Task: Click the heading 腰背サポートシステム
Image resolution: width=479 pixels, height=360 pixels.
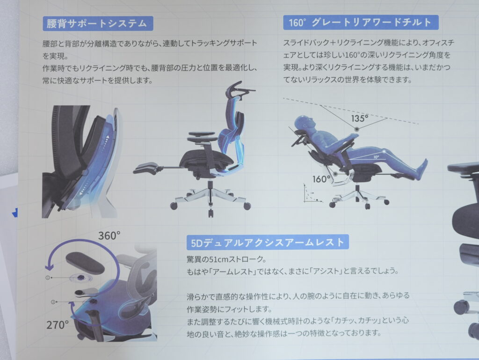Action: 97,22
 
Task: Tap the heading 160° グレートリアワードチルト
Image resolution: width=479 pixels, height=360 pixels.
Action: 360,22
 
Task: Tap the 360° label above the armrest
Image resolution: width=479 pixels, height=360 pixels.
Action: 110,235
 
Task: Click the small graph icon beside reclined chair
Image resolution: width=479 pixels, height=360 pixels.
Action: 311,194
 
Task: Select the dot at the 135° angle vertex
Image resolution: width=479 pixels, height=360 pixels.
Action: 357,128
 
